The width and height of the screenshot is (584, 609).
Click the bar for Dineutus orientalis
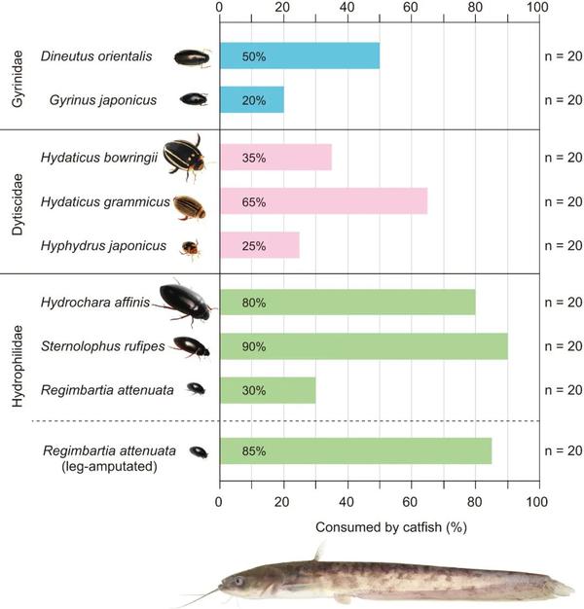tap(299, 55)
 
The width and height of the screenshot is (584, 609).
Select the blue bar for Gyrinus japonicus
tap(251, 99)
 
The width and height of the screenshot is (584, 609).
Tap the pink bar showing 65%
tap(323, 201)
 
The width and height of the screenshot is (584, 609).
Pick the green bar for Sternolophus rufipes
tap(363, 346)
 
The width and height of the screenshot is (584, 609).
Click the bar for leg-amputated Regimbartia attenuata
tap(355, 451)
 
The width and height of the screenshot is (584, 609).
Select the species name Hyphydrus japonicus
tap(103, 246)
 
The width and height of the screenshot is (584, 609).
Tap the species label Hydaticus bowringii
tap(99, 157)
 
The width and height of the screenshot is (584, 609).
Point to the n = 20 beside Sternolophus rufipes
tap(562, 346)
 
